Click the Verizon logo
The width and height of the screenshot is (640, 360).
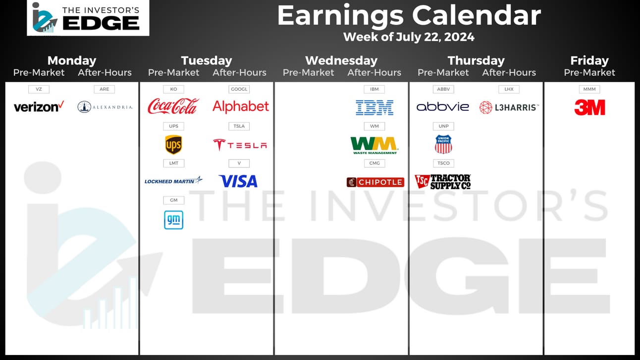(39, 106)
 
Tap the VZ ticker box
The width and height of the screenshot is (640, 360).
(39, 89)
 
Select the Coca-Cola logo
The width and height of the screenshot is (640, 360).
(173, 106)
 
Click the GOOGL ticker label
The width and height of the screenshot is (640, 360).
(239, 89)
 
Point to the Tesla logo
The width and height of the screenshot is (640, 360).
(240, 145)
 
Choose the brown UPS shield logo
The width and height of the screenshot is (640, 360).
(173, 145)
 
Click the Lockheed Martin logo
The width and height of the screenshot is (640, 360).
(173, 181)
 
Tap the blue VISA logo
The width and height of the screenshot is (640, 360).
(238, 181)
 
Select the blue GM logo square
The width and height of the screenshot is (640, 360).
(174, 220)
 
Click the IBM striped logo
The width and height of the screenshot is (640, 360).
(374, 107)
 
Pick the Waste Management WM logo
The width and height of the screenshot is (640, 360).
(374, 146)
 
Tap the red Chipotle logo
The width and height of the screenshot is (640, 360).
(375, 182)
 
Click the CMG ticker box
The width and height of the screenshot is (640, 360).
(374, 163)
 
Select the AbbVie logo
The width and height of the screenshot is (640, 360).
(443, 107)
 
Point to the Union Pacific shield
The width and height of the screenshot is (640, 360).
(443, 144)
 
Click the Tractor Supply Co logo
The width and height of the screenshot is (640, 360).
(443, 182)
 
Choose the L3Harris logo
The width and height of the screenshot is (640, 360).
(509, 107)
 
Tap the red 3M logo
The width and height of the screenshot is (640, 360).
(589, 107)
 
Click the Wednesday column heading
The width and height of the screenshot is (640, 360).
(341, 60)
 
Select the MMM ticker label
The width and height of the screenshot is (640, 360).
(589, 89)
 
